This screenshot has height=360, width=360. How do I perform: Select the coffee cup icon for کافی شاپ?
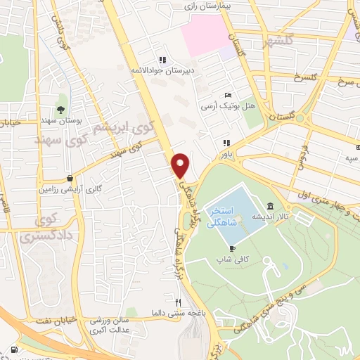(232, 248)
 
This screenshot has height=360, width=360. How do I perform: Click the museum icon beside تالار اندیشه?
(271, 206)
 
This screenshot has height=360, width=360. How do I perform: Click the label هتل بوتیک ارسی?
(221, 107)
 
